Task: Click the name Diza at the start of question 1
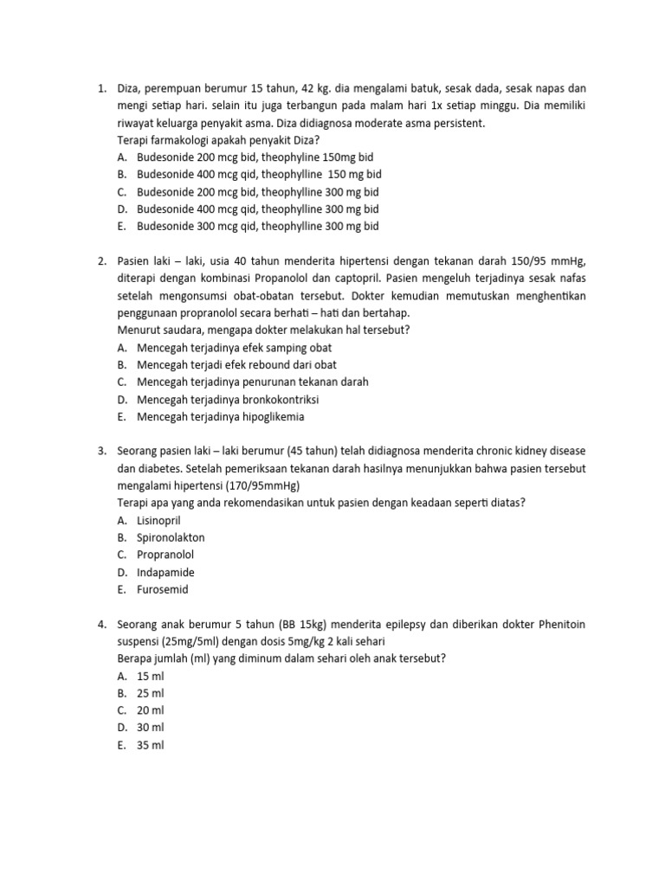129,88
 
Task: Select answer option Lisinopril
158,520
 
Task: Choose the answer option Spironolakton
171,537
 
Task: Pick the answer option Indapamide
165,572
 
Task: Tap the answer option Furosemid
162,589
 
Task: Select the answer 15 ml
150,676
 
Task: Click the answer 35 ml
150,745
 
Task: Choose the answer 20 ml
150,710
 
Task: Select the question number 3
101,451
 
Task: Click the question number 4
101,624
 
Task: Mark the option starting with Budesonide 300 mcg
257,226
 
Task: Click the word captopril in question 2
355,279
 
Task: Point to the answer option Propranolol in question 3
165,555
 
